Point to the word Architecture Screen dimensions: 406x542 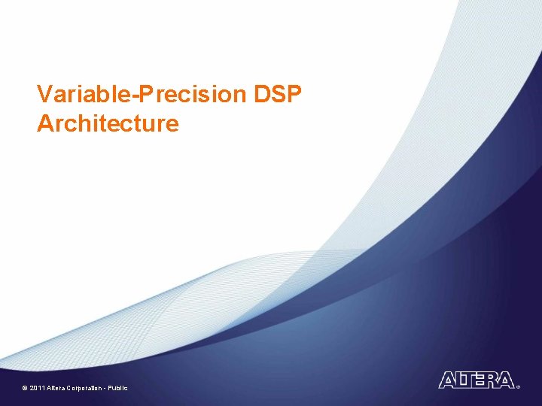(x=108, y=123)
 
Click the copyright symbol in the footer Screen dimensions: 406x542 (x=25, y=388)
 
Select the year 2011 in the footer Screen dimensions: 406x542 (x=37, y=388)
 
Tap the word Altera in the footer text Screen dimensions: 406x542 (x=56, y=388)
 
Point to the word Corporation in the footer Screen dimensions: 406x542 (x=84, y=388)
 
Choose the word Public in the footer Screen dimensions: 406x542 (x=118, y=388)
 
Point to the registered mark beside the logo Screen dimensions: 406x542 (x=518, y=386)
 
